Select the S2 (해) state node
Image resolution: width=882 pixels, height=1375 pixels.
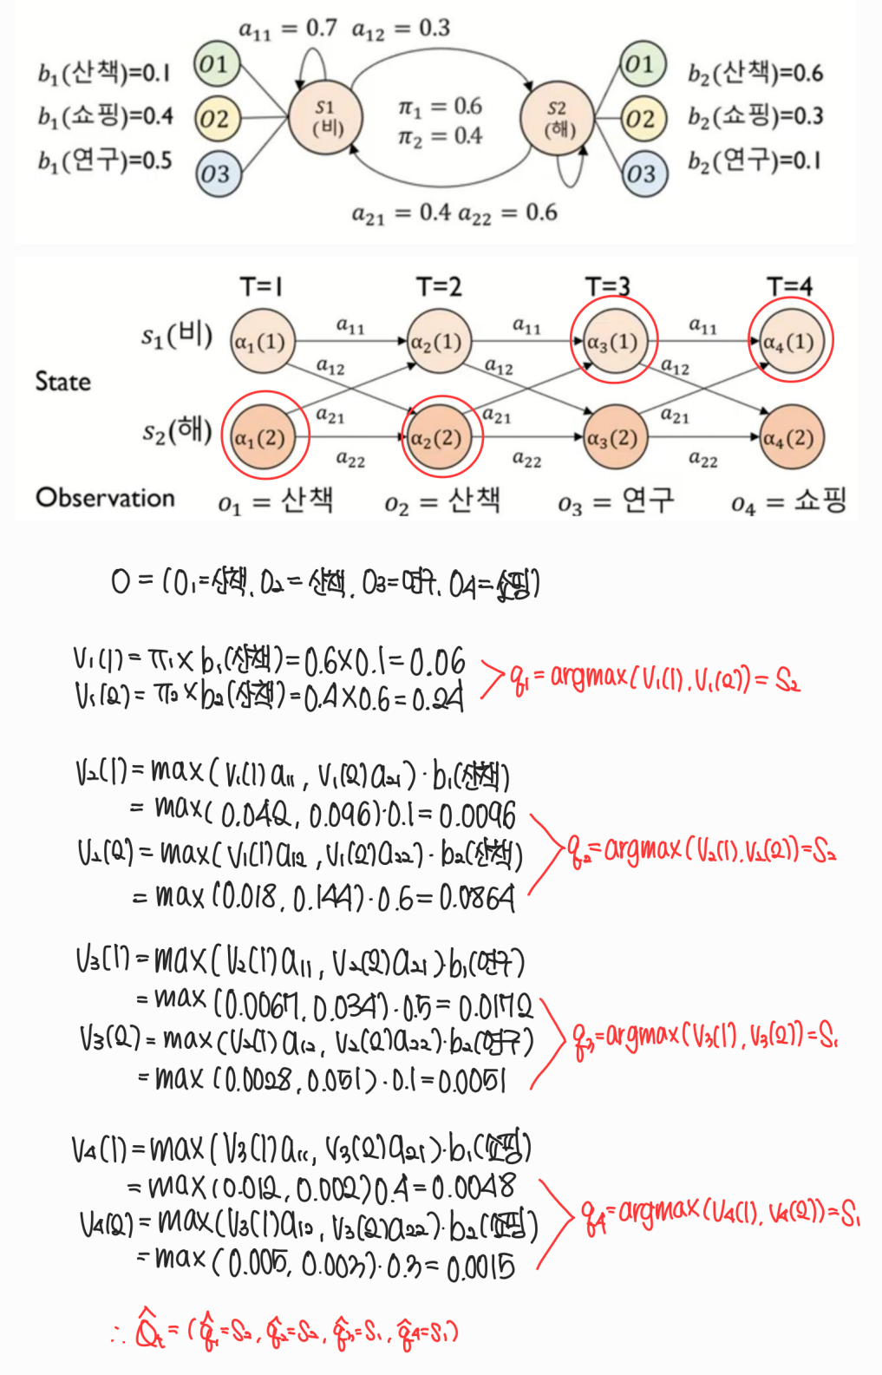point(559,119)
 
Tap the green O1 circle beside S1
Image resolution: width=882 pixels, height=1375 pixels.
point(215,63)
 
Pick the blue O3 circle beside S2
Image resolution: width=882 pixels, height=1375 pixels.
point(643,174)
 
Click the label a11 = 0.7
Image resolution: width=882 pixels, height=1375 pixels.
point(287,29)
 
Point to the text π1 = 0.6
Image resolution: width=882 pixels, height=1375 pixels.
point(440,108)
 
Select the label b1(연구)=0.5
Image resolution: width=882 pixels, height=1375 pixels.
point(105,160)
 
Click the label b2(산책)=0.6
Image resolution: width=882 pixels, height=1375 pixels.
point(755,74)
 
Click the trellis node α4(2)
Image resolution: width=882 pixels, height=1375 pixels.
point(788,438)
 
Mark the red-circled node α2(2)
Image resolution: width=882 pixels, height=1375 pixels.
point(438,438)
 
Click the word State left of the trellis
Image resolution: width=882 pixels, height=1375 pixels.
point(62,382)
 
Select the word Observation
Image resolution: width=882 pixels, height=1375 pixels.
point(105,498)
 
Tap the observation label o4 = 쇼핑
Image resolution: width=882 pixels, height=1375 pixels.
point(787,501)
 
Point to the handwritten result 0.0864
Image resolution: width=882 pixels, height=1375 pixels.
point(477,899)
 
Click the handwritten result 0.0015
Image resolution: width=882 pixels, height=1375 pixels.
point(480,1269)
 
